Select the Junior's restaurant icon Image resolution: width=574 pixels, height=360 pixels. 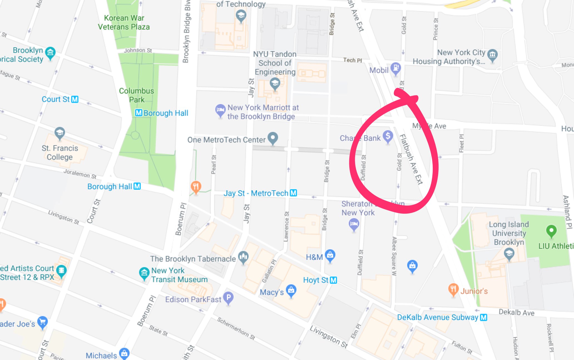[453, 289]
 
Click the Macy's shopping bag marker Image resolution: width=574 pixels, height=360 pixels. [291, 290]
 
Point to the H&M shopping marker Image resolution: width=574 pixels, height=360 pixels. [330, 255]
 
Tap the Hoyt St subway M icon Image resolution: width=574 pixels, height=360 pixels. [333, 280]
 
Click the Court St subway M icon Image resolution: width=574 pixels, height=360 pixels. [75, 99]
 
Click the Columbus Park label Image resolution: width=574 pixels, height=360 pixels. [136, 95]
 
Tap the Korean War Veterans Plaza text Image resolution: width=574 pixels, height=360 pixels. [124, 22]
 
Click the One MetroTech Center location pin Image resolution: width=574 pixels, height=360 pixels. [273, 137]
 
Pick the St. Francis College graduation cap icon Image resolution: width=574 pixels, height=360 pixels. [60, 133]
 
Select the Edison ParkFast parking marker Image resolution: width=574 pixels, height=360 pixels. [228, 298]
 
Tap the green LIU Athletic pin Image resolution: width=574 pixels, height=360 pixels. [551, 230]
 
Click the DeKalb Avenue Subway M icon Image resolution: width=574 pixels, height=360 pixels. [484, 317]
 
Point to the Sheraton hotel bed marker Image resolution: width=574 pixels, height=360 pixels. [354, 224]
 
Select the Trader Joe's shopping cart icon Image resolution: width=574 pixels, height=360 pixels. [42, 322]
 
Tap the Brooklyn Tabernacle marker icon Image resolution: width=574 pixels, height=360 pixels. [243, 257]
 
